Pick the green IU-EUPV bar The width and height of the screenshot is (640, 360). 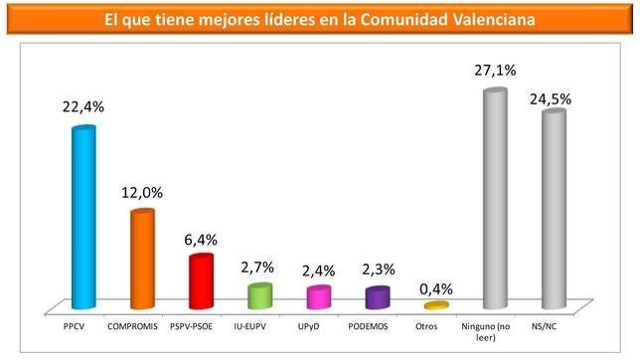click(x=259, y=297)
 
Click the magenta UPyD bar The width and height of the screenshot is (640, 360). click(x=318, y=298)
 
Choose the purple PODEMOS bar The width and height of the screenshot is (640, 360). click(x=377, y=298)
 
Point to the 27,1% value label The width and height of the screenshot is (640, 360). click(x=494, y=72)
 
